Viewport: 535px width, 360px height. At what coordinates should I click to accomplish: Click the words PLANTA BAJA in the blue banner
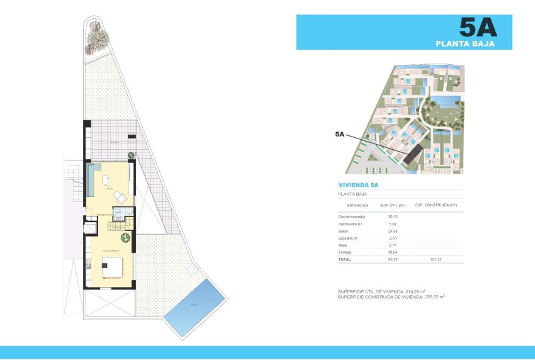point(465,44)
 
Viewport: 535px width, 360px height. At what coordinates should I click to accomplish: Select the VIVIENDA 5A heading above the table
point(358,185)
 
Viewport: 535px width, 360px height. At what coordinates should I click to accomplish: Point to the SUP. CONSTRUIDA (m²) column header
point(436,205)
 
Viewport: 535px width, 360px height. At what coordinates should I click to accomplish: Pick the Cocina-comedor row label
point(352,217)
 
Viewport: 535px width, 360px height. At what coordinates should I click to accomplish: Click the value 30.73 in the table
point(393,217)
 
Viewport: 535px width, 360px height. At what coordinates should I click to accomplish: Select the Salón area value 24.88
point(393,231)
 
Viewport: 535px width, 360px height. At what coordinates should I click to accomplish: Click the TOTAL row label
point(344,259)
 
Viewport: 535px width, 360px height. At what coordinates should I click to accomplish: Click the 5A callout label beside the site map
point(340,134)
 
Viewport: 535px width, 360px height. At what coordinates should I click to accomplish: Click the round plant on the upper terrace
point(131,155)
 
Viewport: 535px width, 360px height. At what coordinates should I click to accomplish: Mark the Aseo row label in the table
point(344,245)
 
